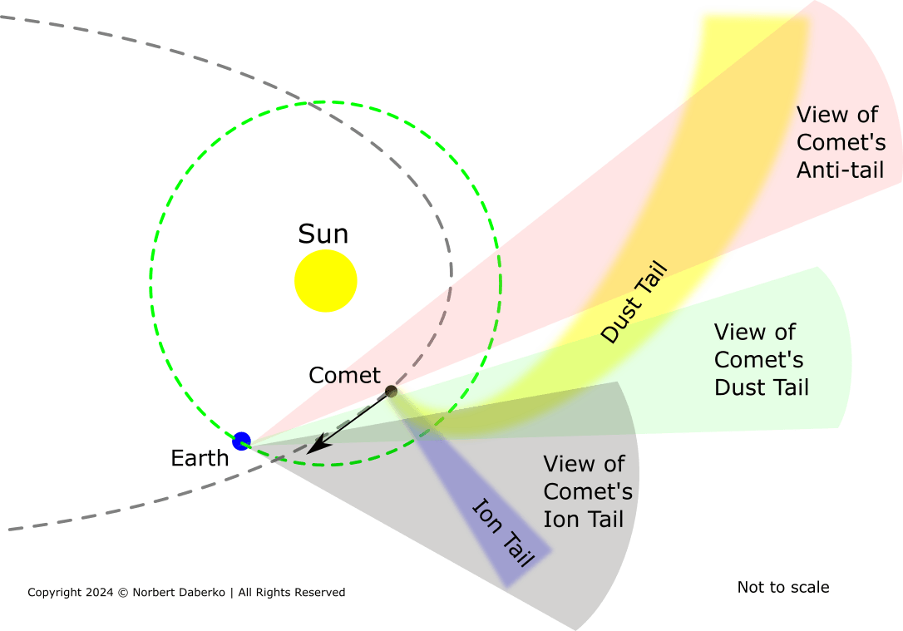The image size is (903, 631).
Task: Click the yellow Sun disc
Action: point(326,280)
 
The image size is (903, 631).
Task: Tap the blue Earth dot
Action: point(242,441)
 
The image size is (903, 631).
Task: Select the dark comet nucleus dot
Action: point(391,391)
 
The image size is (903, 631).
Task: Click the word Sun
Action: point(323,234)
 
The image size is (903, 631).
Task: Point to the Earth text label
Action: point(200,458)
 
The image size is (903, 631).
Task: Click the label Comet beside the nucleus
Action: point(344,376)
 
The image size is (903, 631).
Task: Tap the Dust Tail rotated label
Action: point(634,303)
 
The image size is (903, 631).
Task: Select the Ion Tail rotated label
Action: point(503,532)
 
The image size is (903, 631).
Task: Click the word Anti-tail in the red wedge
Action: point(839,170)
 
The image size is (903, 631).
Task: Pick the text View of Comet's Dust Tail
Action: point(761,360)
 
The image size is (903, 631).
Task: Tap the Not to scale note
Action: point(782,588)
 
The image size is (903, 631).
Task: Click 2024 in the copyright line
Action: point(96,593)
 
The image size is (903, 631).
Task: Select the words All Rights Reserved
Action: point(292,593)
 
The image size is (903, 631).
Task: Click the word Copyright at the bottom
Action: point(53,593)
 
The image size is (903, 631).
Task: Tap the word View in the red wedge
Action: point(819,115)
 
